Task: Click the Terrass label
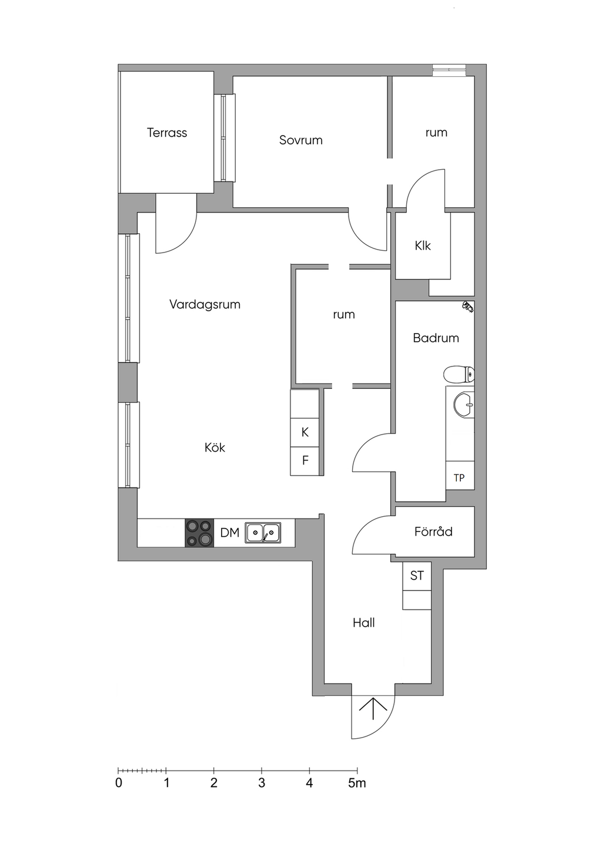(167, 133)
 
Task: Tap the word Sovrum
(301, 140)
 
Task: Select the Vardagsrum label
(205, 304)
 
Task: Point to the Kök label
(215, 447)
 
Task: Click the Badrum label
(436, 338)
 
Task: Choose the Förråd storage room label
(433, 531)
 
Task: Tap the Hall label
(364, 623)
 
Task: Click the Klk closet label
(423, 246)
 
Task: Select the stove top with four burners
(199, 533)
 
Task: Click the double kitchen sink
(263, 533)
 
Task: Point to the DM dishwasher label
(230, 533)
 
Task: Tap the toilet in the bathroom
(459, 375)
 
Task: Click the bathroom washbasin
(464, 405)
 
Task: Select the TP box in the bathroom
(460, 476)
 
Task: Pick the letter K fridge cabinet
(305, 432)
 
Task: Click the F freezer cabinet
(305, 461)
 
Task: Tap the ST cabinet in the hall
(417, 576)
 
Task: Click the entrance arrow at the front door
(373, 709)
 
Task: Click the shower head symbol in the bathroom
(468, 306)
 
